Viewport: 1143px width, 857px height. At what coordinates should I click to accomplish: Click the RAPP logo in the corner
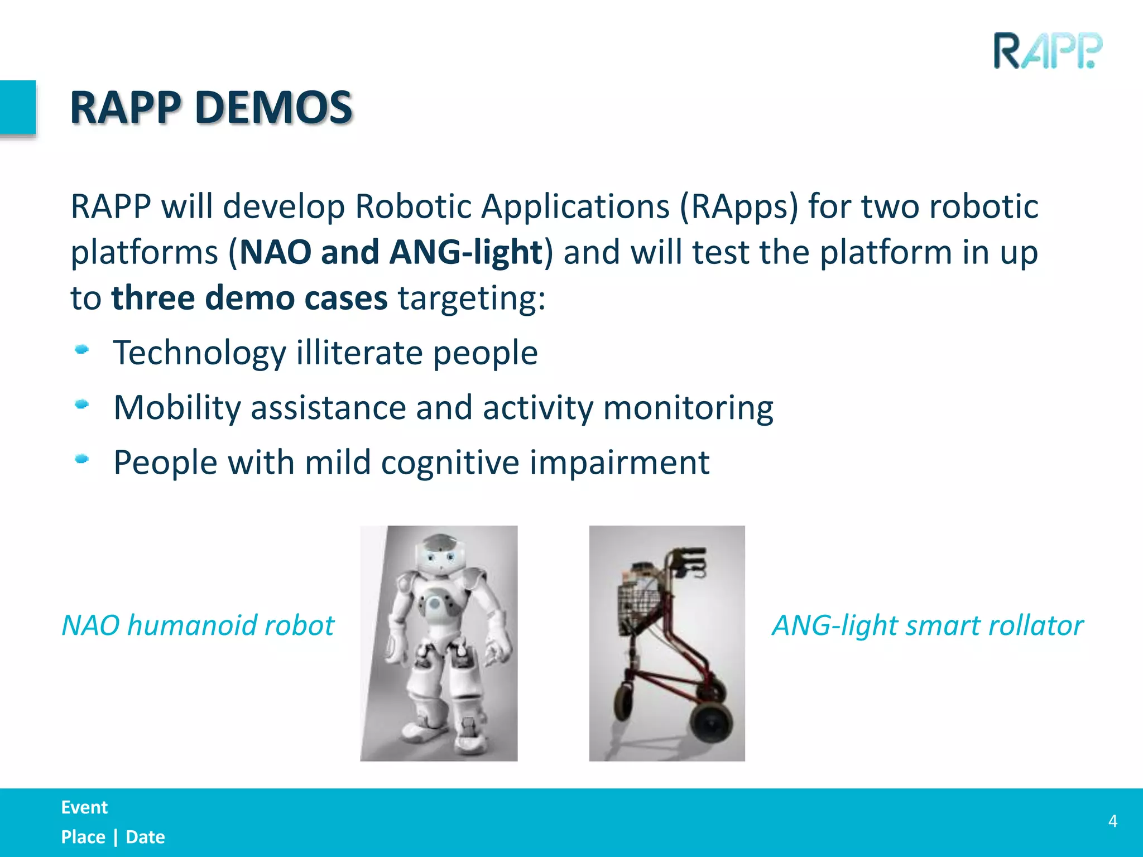coord(1048,51)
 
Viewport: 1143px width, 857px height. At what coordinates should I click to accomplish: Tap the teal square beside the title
coord(17,107)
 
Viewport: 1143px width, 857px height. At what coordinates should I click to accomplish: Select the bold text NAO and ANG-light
coord(391,252)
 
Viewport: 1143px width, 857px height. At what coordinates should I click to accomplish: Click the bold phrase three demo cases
coord(249,298)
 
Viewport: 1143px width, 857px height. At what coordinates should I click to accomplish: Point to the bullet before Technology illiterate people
coord(82,350)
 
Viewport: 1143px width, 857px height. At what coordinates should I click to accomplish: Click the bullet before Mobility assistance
coord(82,405)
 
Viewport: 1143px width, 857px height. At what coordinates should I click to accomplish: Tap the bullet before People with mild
coord(82,459)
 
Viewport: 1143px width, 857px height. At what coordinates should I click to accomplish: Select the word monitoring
coord(688,407)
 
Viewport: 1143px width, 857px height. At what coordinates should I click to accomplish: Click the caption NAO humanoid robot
coord(198,625)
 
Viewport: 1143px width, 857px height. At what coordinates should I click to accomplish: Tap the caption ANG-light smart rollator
coord(927,625)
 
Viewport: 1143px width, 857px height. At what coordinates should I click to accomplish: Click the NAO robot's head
coord(442,554)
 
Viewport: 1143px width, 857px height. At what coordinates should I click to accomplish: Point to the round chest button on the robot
coord(434,603)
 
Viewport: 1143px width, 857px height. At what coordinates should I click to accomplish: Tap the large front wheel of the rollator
coord(710,724)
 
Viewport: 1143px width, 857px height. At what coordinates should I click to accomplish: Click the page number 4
coord(1112,821)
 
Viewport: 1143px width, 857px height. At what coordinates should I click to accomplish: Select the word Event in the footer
coord(84,807)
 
